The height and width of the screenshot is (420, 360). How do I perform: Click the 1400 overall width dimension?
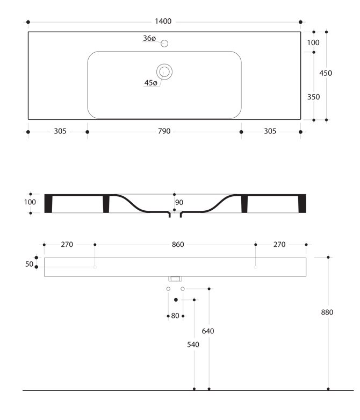163,22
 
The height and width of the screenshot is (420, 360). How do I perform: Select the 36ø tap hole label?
149,38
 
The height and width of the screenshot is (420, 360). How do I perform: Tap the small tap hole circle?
164,44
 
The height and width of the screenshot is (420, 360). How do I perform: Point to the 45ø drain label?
150,83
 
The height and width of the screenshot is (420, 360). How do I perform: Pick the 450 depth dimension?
326,73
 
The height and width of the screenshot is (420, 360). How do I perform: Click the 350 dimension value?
313,97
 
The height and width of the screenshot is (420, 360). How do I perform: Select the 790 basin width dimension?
164,131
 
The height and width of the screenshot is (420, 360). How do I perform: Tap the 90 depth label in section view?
179,203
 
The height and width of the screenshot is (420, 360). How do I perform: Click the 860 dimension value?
178,245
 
